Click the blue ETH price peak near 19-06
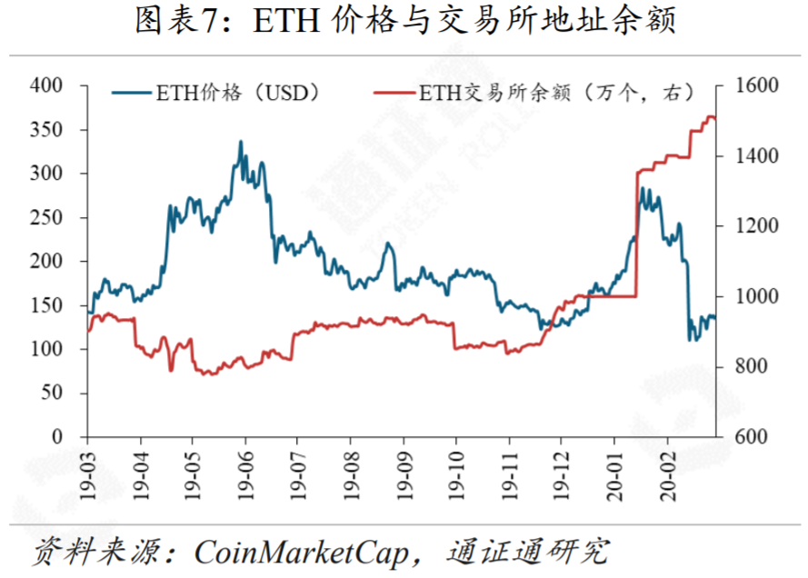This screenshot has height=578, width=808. [x=241, y=142]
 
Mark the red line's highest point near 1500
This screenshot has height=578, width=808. [x=710, y=116]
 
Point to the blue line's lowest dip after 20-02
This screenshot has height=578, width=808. [x=691, y=340]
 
